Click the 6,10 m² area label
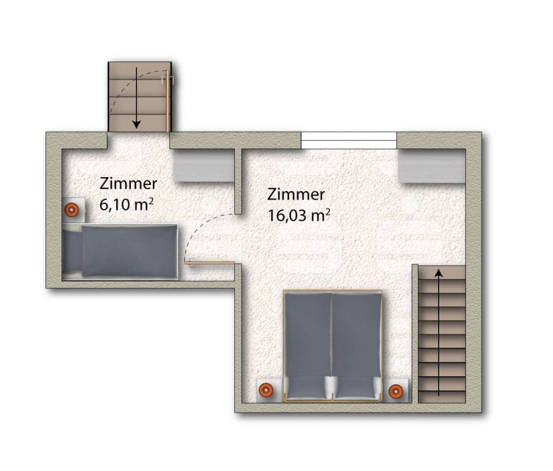tap(126, 204)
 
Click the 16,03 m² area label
tap(299, 215)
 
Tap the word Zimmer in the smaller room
tap(128, 183)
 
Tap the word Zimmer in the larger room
tap(296, 194)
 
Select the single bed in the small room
tap(120, 251)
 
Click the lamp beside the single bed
tap(72, 210)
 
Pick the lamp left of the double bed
tap(265, 390)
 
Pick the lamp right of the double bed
tap(396, 391)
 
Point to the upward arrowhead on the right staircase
tap(439, 273)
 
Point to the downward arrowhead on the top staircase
tap(136, 124)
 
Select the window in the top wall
tap(349, 140)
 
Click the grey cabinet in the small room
tap(203, 165)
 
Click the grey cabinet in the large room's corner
tap(432, 166)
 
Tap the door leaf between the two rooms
tap(210, 263)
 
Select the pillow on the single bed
tap(73, 251)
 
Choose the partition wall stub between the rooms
tap(238, 181)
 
